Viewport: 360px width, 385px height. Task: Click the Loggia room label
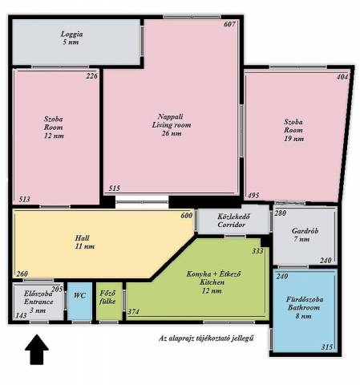click(x=71, y=38)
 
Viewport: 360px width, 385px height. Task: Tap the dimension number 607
click(x=229, y=24)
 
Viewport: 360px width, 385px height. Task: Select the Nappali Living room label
click(x=172, y=125)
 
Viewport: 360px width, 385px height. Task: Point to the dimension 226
click(x=91, y=76)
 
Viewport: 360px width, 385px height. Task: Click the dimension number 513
click(x=24, y=199)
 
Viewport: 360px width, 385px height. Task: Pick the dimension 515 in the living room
click(x=115, y=188)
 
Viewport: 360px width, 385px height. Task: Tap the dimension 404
click(x=342, y=77)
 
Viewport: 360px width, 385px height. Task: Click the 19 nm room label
click(x=293, y=130)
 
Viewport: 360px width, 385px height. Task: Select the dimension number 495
click(x=253, y=195)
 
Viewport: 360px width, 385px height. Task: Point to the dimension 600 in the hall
click(x=186, y=216)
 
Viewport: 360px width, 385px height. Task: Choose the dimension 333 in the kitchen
click(x=257, y=251)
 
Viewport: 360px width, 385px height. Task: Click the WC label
click(x=79, y=296)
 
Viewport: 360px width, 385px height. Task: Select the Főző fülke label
click(x=107, y=298)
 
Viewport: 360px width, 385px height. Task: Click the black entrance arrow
click(x=37, y=349)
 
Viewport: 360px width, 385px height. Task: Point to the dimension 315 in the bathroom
click(x=327, y=347)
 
